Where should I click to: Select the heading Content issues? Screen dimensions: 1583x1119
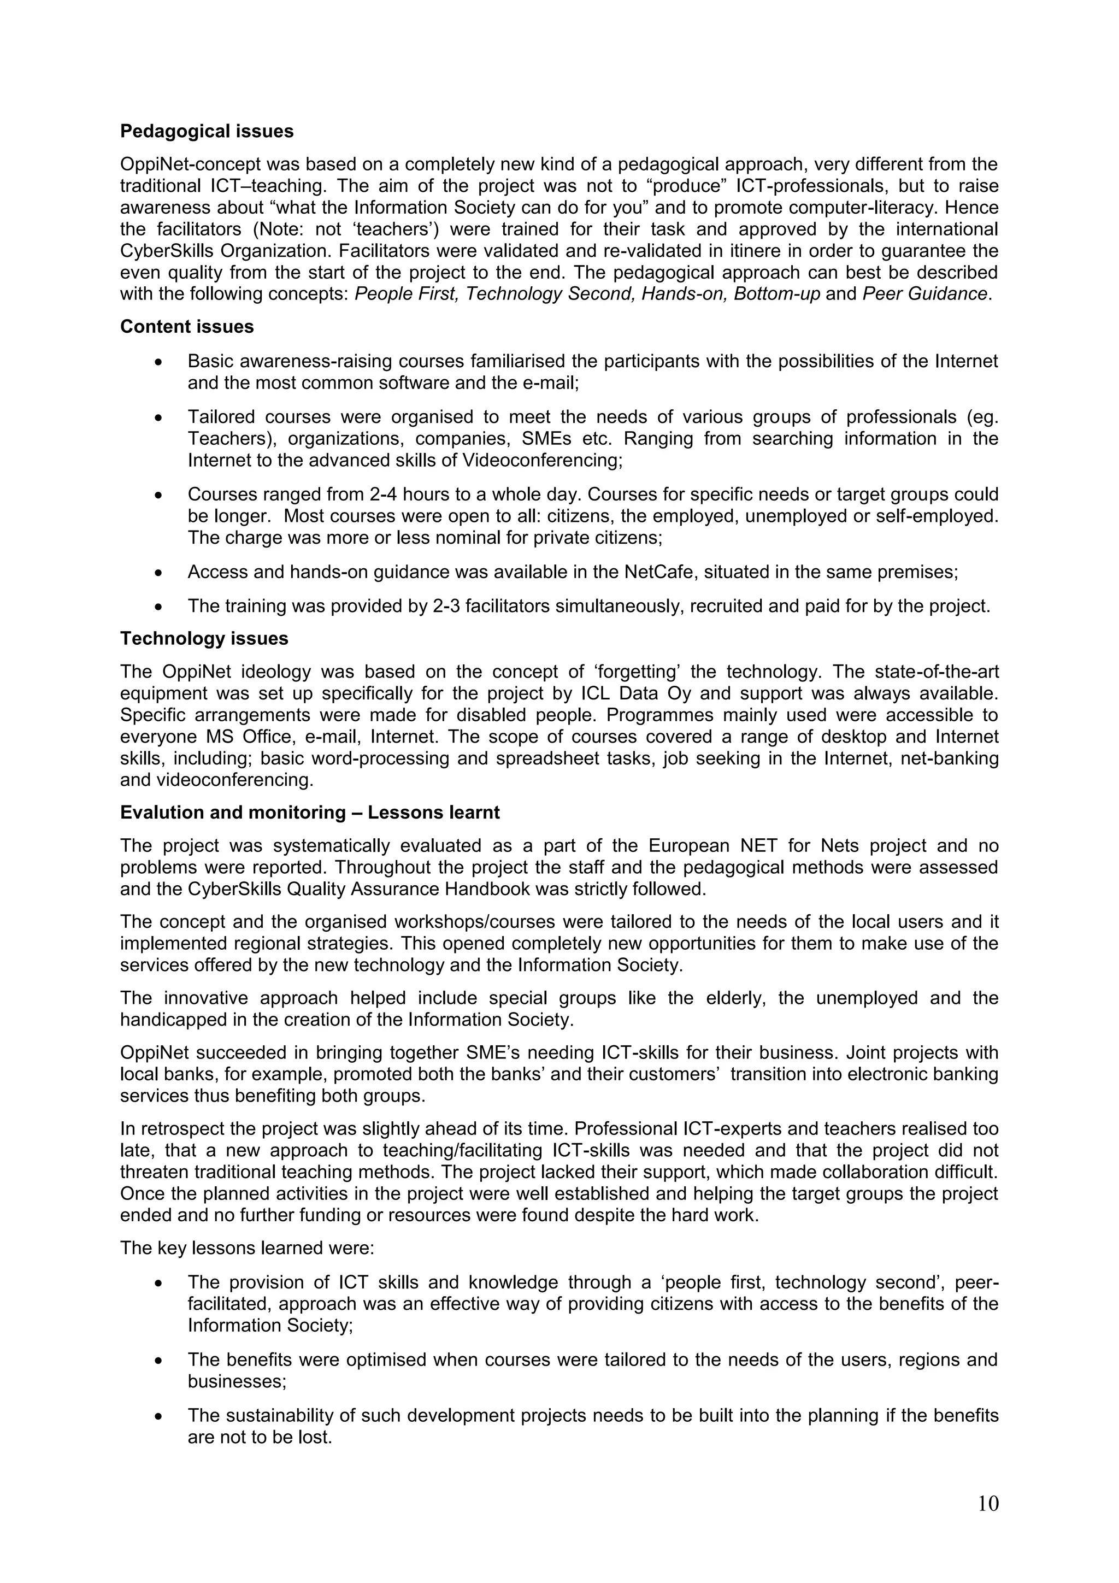(x=187, y=326)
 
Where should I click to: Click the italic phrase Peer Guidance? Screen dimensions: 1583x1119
(x=924, y=294)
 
